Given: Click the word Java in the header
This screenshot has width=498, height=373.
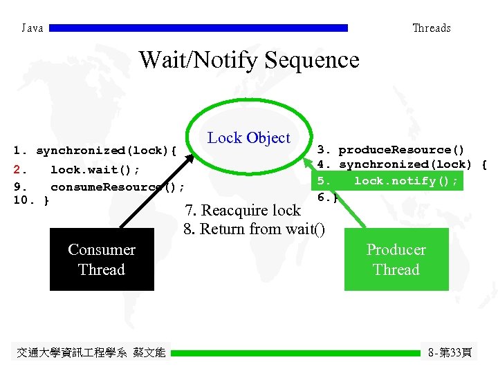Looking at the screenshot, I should [x=33, y=28].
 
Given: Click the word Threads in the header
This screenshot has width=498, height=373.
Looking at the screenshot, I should [x=431, y=28].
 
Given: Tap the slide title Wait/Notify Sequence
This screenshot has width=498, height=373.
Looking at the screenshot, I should [x=249, y=60].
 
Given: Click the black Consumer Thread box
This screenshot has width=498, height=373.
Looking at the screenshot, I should [x=102, y=260].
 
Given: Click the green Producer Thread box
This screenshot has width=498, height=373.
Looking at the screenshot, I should [x=396, y=260].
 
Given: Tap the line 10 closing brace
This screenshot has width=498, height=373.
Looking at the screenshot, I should [x=31, y=200].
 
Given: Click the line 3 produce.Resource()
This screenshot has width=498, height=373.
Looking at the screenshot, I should [x=390, y=150].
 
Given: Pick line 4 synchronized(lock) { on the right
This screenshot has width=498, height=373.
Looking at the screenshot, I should [x=401, y=164].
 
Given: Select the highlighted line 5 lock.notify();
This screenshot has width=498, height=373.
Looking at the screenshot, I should [x=387, y=181].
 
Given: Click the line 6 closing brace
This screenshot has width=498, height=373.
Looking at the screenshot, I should [x=327, y=198].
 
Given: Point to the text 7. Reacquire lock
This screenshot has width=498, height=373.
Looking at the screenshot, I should [x=242, y=211].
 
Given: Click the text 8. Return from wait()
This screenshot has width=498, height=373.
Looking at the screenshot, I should [x=254, y=229].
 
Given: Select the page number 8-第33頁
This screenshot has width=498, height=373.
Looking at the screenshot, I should [x=450, y=353].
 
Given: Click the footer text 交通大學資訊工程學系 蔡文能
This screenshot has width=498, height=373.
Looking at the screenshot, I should [x=91, y=353].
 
